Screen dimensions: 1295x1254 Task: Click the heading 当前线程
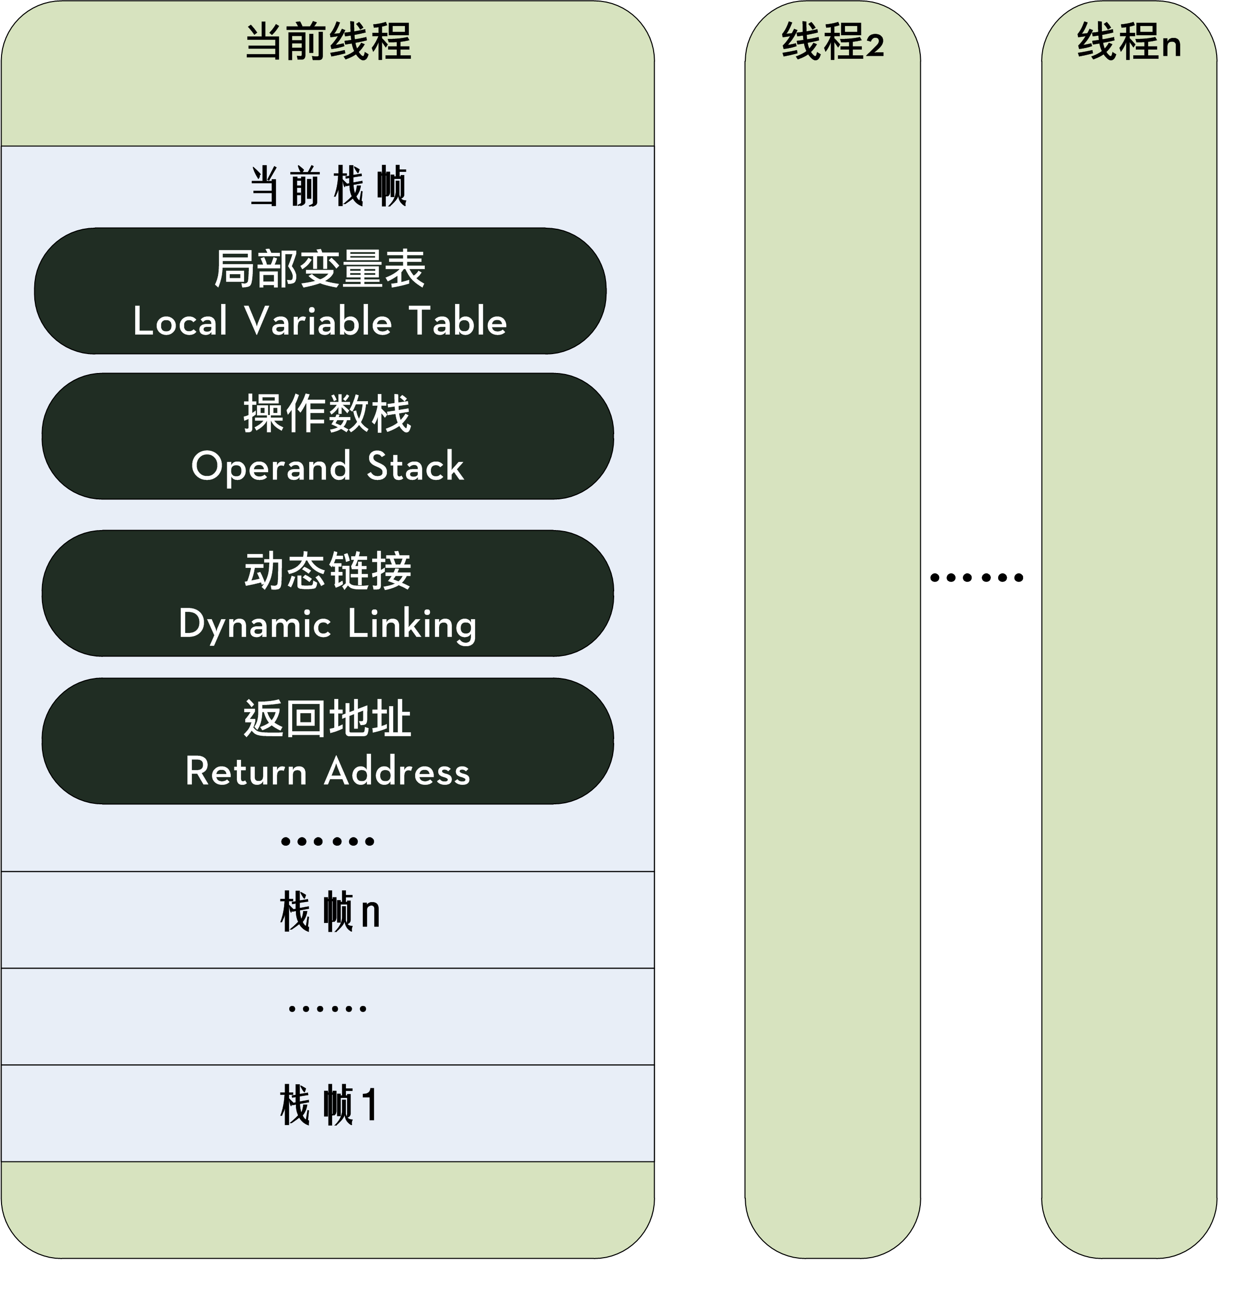[x=328, y=41]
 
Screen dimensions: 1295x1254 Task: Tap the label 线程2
[x=832, y=41]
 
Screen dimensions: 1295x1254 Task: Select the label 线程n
[x=1129, y=41]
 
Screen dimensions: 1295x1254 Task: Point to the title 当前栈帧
[x=328, y=187]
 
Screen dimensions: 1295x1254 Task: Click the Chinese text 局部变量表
[x=320, y=269]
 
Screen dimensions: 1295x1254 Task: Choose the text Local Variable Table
[x=320, y=322]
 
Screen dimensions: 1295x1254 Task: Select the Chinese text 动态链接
[x=328, y=571]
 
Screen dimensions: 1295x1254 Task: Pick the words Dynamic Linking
[x=328, y=624]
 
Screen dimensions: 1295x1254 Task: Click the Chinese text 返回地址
[x=328, y=718]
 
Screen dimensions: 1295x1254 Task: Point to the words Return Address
[x=328, y=771]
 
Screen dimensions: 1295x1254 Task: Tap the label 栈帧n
[x=329, y=912]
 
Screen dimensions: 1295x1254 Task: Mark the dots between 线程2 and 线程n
[x=977, y=578]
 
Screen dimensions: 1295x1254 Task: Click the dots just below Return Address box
[x=328, y=842]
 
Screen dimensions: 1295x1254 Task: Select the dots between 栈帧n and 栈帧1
[x=328, y=1009]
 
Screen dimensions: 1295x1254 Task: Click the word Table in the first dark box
[x=458, y=322]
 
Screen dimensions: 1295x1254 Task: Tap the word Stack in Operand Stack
[x=415, y=467]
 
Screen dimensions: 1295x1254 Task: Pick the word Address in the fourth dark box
[x=397, y=771]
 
